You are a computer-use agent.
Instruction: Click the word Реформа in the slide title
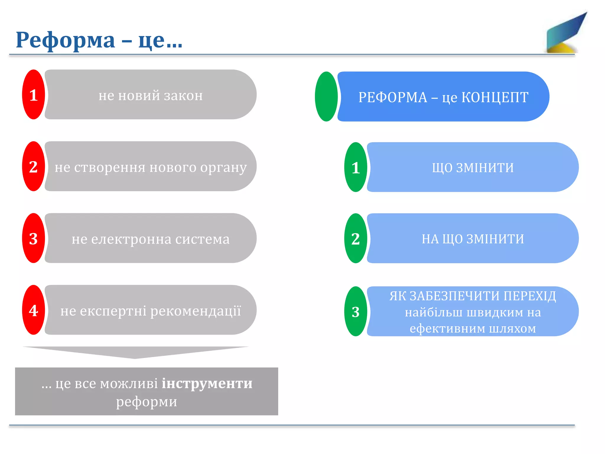[65, 40]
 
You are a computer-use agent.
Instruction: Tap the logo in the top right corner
[565, 34]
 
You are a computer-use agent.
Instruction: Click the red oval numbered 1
[34, 95]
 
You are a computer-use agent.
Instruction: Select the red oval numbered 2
[34, 166]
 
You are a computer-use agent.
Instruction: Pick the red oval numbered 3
[34, 238]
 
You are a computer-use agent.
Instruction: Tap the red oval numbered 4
[34, 310]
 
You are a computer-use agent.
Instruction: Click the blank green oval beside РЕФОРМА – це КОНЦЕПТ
[326, 96]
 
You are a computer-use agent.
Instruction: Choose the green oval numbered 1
[356, 167]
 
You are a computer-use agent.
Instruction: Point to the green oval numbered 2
[356, 239]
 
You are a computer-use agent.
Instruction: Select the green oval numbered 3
[356, 312]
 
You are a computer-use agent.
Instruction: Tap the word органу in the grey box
[223, 168]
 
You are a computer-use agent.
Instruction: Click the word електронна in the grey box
[131, 239]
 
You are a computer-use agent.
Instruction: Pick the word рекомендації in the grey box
[196, 311]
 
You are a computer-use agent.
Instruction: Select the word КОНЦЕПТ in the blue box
[495, 97]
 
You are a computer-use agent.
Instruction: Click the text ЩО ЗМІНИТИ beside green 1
[473, 168]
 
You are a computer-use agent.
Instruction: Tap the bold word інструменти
[207, 384]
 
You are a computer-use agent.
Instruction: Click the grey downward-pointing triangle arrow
[135, 352]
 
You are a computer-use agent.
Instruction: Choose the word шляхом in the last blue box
[512, 328]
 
